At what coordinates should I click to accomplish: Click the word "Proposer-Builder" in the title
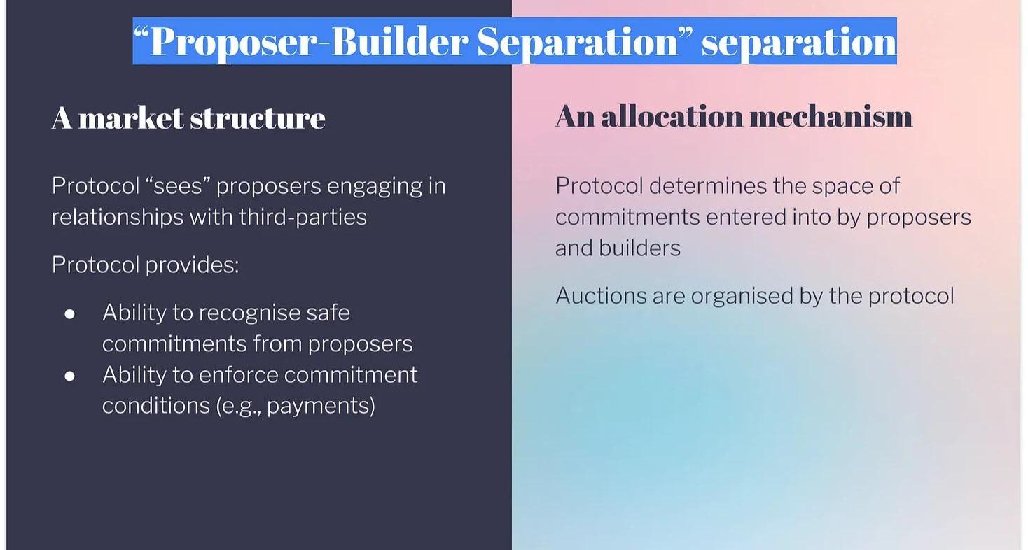coord(310,42)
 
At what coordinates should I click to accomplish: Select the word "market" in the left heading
coord(131,118)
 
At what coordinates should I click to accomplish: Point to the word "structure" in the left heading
coord(258,119)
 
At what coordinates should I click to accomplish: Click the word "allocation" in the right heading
coord(672,117)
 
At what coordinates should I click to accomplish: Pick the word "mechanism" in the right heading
coord(831,117)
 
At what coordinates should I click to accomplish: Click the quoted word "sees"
coord(178,186)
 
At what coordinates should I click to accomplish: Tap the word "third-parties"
coord(303,217)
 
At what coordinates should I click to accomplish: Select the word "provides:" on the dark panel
coord(193,265)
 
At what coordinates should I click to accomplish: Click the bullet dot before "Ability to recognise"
coord(70,314)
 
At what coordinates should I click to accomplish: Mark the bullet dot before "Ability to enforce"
coord(70,376)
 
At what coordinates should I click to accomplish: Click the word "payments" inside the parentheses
coord(318,407)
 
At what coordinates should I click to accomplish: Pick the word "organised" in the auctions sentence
coord(742,297)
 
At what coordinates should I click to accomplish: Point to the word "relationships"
coord(118,217)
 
